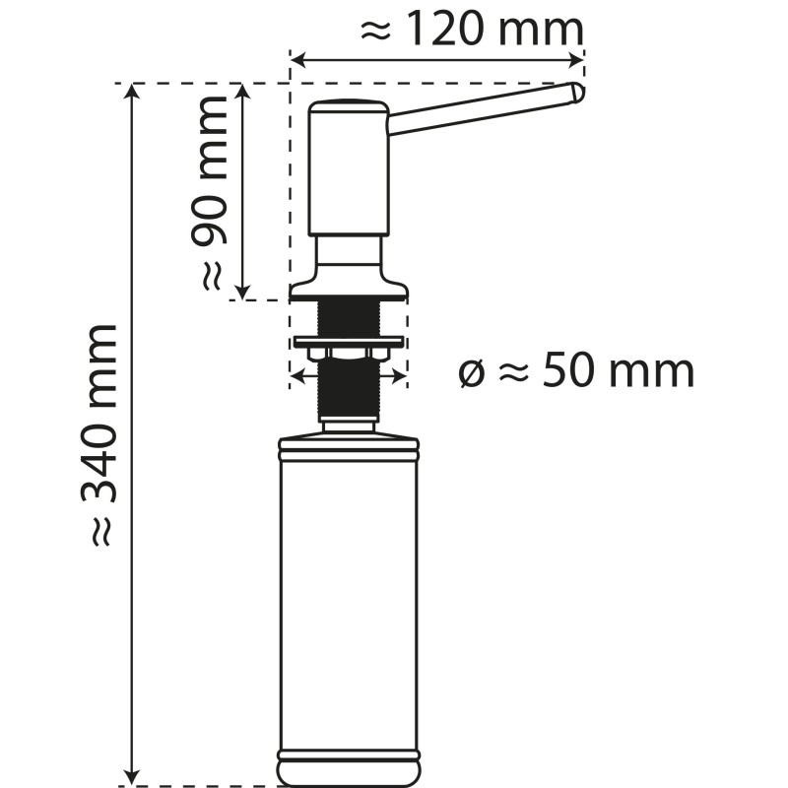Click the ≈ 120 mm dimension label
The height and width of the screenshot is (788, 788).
coord(471,30)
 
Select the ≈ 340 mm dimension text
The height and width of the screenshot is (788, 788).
coord(103,433)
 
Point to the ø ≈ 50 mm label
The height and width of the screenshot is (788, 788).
coord(577,372)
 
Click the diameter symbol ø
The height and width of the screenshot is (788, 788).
coord(472,374)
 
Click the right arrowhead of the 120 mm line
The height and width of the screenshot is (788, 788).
coord(578,62)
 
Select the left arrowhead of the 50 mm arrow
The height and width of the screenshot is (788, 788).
coord(295,375)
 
